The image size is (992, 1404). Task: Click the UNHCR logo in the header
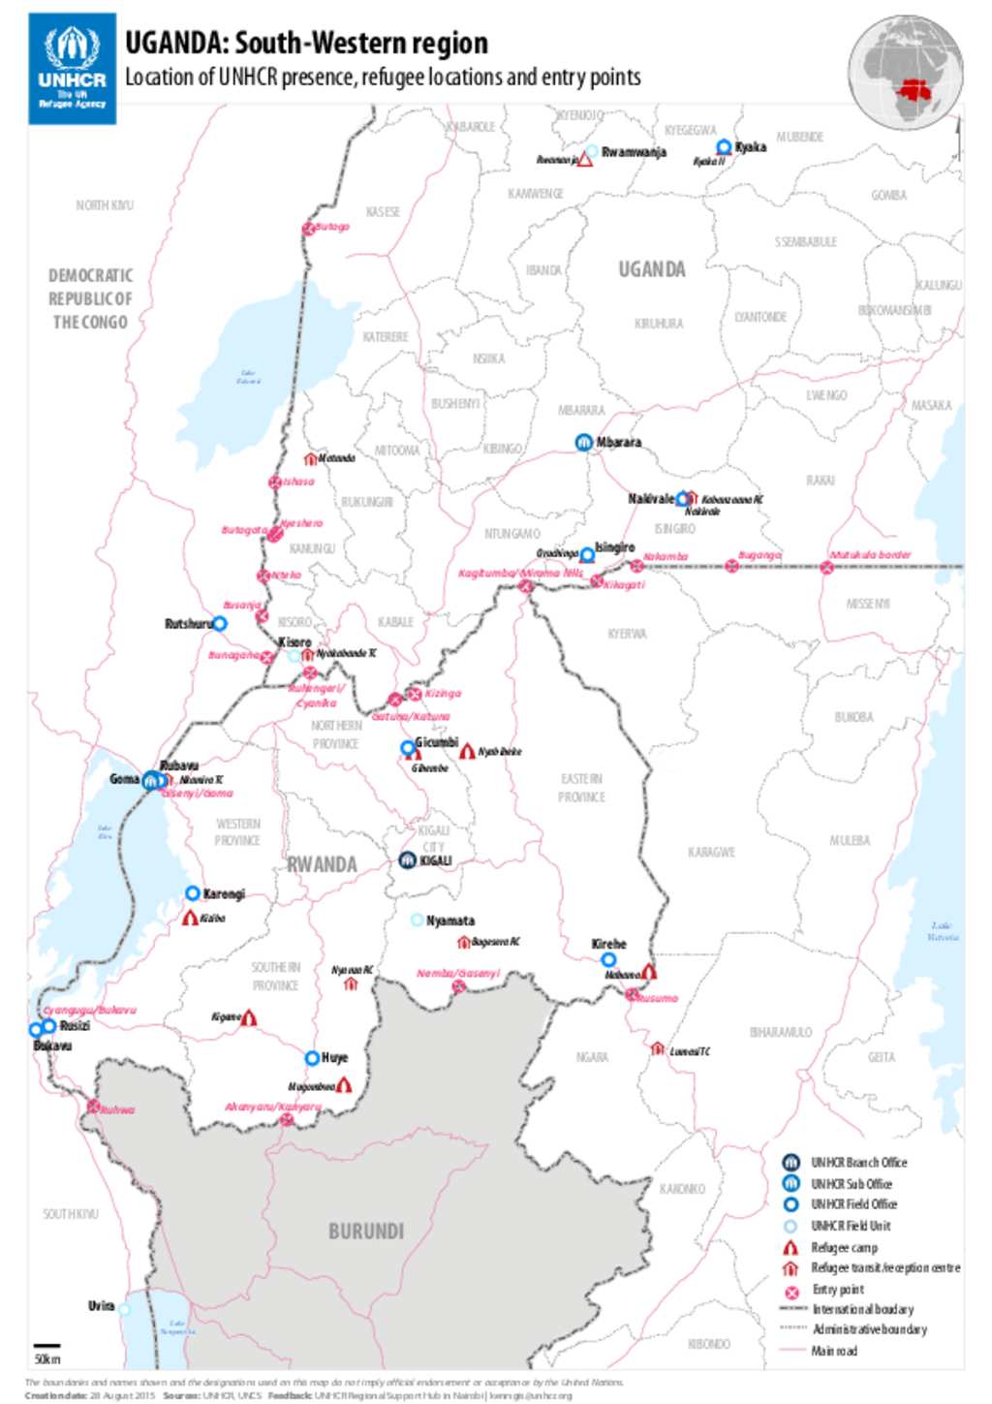point(72,68)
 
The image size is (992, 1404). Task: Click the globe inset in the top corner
point(905,72)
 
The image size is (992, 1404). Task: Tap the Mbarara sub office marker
point(584,443)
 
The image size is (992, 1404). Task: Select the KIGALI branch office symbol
point(408,860)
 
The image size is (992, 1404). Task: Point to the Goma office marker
point(150,780)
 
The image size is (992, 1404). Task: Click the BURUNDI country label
point(365,1231)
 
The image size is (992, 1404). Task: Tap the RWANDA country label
point(322,864)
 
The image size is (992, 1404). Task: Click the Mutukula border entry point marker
point(826,568)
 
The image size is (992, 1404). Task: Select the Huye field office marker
point(312,1058)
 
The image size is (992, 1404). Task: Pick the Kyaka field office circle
point(724,147)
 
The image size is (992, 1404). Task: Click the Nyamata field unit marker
point(418,920)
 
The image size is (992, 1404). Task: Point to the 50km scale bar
point(46,1346)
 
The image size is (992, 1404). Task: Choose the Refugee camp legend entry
point(843,1247)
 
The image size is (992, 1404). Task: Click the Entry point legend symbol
point(791,1291)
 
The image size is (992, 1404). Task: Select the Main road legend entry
point(833,1351)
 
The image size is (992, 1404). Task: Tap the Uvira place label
point(101,1306)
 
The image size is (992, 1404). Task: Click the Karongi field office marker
point(193,893)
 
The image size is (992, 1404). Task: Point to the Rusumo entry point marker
point(632,995)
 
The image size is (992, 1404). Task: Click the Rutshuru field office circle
point(220,623)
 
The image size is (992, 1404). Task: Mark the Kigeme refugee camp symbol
point(249,1017)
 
